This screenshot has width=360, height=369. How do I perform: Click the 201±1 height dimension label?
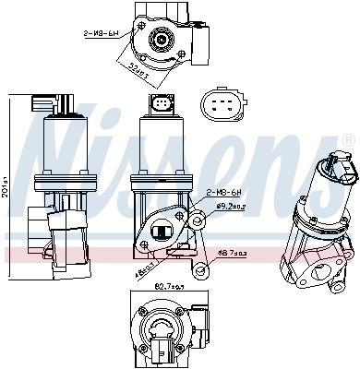point(8,180)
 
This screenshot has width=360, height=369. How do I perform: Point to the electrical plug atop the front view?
point(162,105)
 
